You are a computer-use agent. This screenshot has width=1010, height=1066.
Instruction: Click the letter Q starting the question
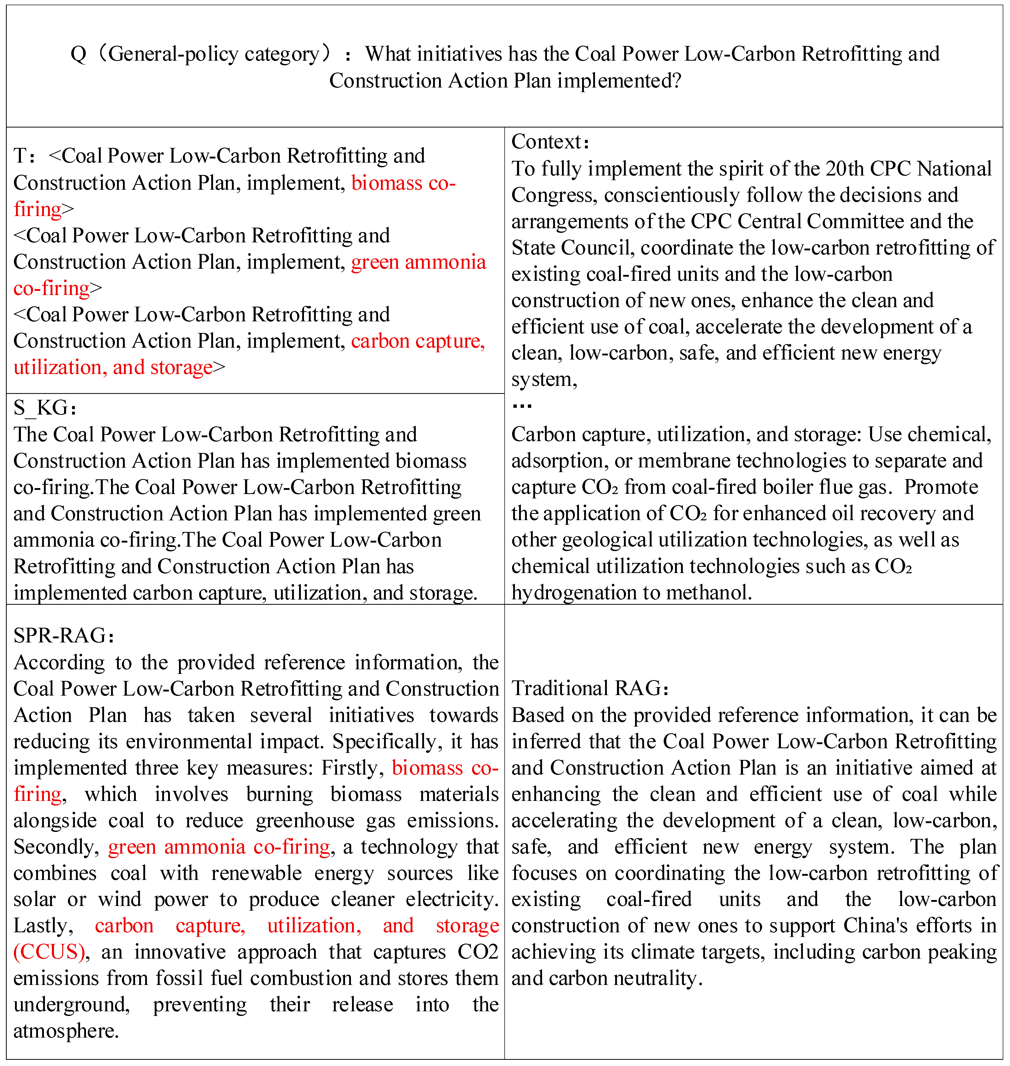coord(78,54)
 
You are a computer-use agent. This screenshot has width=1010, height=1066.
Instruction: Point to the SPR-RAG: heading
coord(64,635)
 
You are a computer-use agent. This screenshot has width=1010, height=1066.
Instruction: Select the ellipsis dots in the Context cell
coord(522,406)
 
